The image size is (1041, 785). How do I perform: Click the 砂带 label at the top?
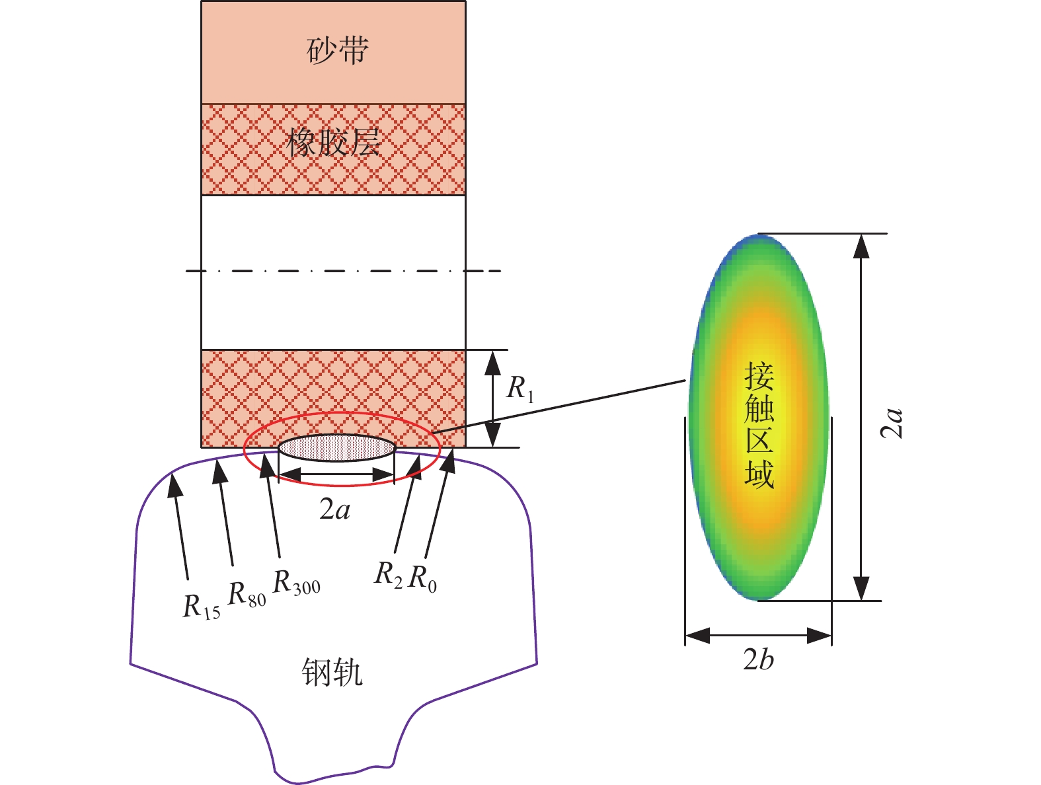click(x=337, y=50)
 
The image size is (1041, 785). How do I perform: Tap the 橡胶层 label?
click(x=333, y=143)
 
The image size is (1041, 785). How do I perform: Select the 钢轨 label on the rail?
click(x=332, y=672)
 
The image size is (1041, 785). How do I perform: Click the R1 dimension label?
click(x=520, y=389)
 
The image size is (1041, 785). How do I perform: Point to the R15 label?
click(x=201, y=607)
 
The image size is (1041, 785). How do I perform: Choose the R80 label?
click(x=247, y=595)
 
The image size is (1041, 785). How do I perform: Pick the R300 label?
click(x=296, y=582)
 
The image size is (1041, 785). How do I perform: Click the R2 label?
click(x=388, y=574)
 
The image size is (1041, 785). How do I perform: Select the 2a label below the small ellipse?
click(x=335, y=510)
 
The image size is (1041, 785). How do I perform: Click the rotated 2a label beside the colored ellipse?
click(x=891, y=423)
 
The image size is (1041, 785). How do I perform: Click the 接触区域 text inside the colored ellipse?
click(x=759, y=426)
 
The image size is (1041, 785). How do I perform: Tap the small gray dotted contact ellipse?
click(x=336, y=447)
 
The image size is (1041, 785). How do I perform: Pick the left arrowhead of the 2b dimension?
click(x=697, y=636)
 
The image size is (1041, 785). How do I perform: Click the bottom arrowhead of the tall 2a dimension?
click(x=861, y=588)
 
